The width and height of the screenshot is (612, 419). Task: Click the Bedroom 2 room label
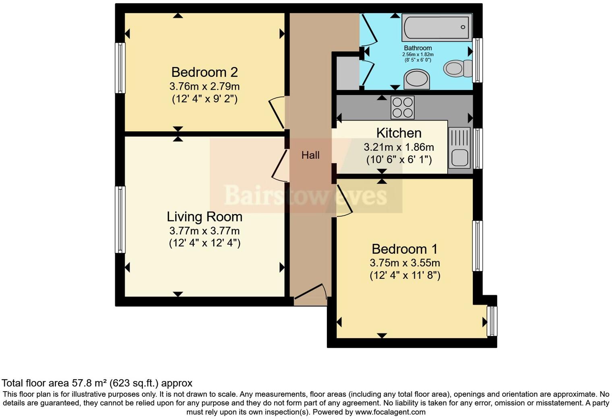click(205, 72)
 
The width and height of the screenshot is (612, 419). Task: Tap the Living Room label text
click(205, 217)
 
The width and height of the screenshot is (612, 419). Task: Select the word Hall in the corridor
click(310, 155)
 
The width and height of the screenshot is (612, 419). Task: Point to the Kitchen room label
click(399, 133)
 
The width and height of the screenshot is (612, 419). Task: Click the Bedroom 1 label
click(405, 249)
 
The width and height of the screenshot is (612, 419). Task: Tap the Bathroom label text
click(418, 48)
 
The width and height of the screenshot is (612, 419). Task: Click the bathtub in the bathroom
click(436, 27)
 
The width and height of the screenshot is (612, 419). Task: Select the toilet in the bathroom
click(457, 68)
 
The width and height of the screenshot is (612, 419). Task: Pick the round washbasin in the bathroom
click(417, 79)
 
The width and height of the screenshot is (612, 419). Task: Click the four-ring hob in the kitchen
click(403, 107)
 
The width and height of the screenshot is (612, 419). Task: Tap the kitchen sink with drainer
click(459, 147)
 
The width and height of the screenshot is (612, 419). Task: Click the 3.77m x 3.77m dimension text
click(205, 231)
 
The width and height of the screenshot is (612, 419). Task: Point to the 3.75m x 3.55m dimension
click(405, 263)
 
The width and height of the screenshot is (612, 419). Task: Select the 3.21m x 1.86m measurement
click(399, 147)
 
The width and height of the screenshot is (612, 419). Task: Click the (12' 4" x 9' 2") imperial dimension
click(205, 99)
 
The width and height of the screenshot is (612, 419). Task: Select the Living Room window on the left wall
click(120, 220)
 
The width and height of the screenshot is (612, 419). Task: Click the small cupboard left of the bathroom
click(347, 73)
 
